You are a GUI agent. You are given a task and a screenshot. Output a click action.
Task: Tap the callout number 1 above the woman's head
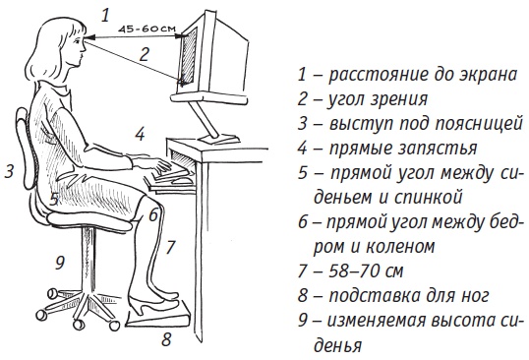[105, 14]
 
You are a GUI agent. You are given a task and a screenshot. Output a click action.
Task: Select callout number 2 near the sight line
[145, 55]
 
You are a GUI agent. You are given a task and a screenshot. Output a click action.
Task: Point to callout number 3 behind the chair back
[9, 172]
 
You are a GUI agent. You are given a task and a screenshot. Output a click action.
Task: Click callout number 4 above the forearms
[141, 133]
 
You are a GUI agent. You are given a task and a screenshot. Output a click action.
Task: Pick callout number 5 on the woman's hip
[55, 198]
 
